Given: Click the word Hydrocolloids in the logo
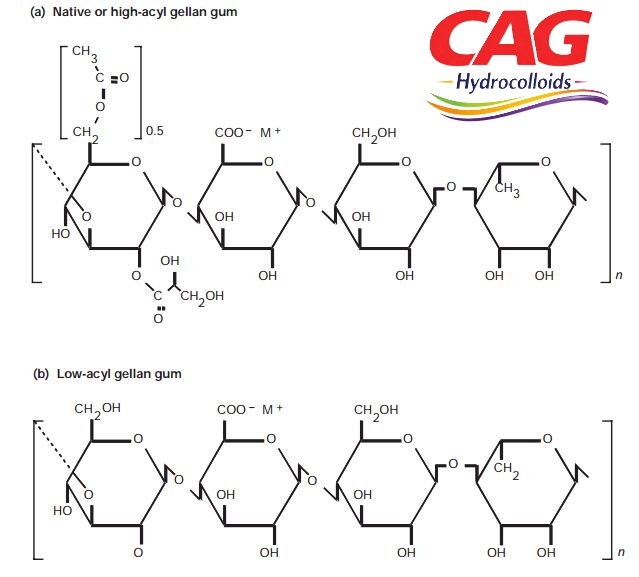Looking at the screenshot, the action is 513,81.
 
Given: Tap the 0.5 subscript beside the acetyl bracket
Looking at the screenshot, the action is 154,131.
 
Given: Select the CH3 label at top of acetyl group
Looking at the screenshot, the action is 85,53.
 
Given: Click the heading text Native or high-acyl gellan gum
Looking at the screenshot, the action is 145,12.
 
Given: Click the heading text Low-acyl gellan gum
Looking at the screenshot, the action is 119,374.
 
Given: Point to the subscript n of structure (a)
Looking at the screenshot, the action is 619,275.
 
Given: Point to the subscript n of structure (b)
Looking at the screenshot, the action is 621,552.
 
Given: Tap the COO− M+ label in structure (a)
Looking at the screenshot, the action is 248,132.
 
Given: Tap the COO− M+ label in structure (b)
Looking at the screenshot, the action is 250,409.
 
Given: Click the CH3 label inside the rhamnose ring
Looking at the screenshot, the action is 507,189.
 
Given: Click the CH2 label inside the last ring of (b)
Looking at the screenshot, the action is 507,470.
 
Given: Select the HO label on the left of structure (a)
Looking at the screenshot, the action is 61,233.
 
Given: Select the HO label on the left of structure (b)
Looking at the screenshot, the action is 62,511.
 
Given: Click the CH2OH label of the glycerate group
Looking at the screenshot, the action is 202,297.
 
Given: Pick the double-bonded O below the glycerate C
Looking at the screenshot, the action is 158,318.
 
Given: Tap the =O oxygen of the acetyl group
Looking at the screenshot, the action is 124,77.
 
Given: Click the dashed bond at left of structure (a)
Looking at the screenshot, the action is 51,168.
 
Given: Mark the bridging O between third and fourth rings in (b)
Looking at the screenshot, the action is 453,464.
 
